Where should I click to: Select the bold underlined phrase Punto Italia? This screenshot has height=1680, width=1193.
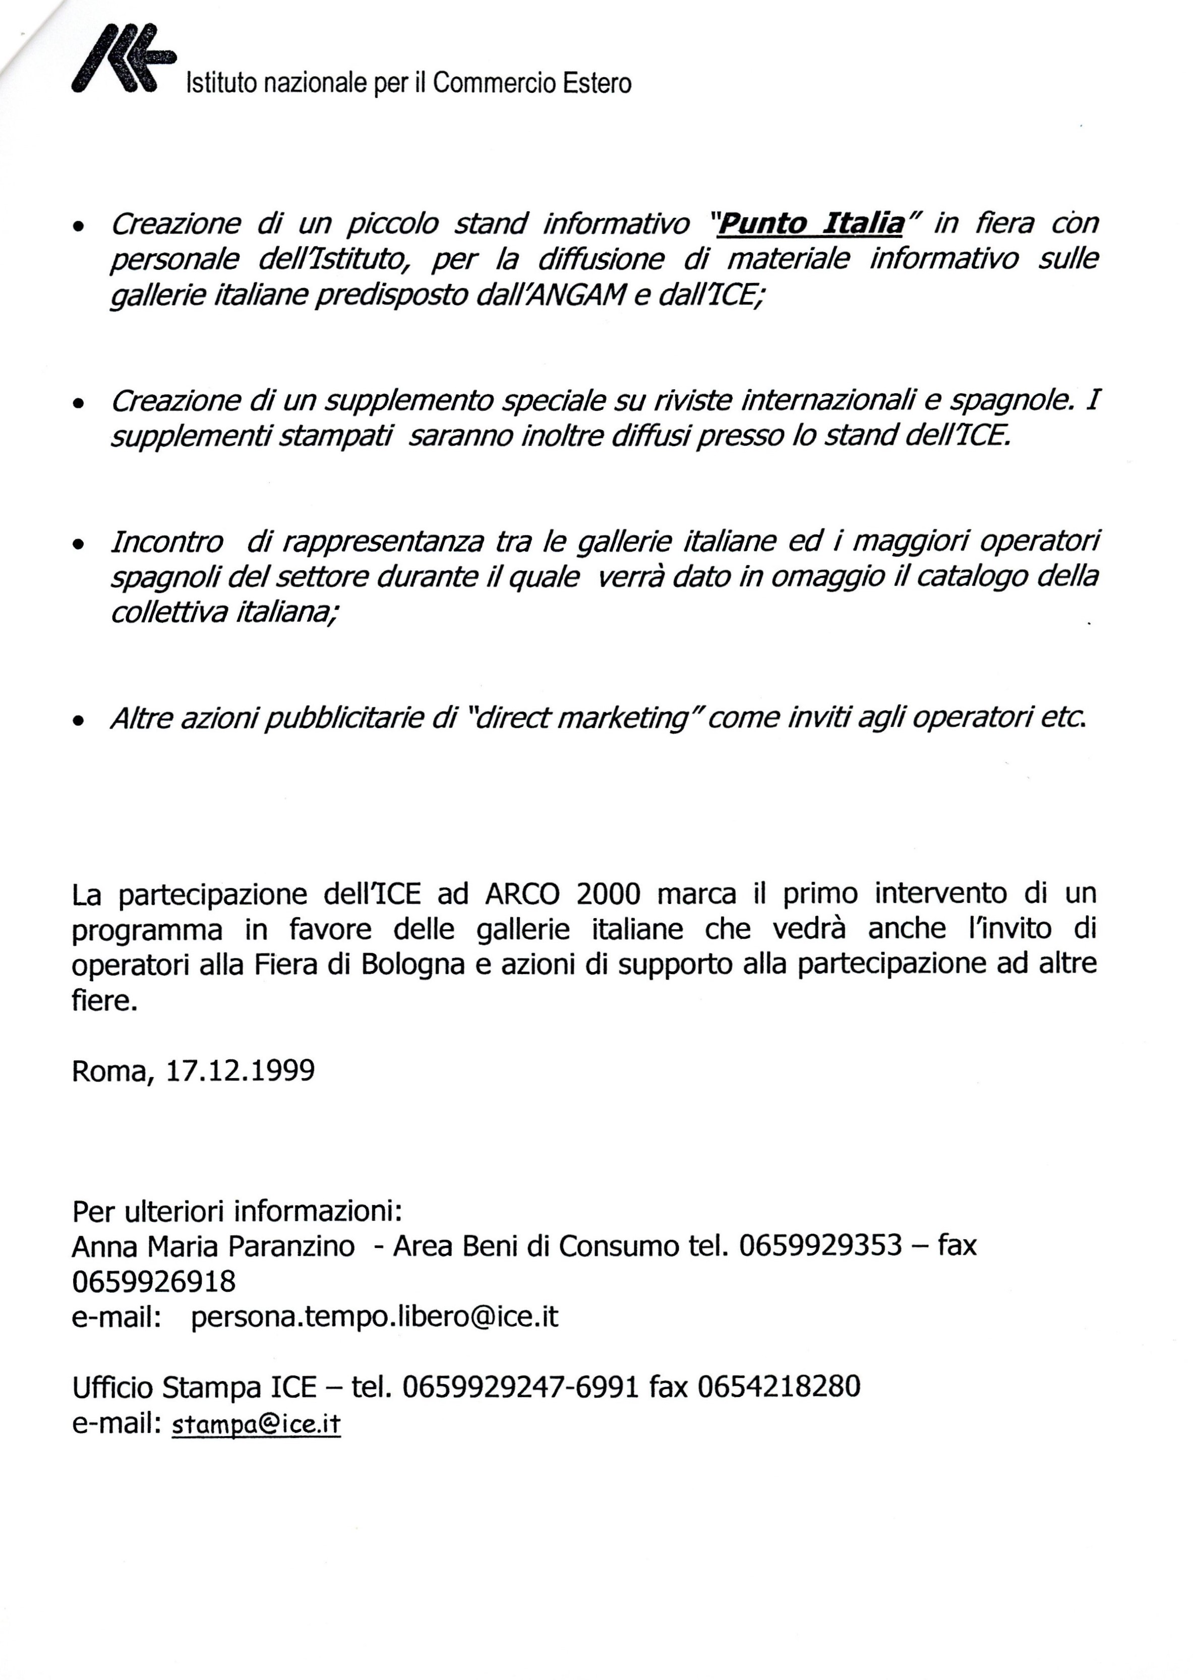coord(810,223)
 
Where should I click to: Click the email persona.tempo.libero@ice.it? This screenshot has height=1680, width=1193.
coord(375,1316)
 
